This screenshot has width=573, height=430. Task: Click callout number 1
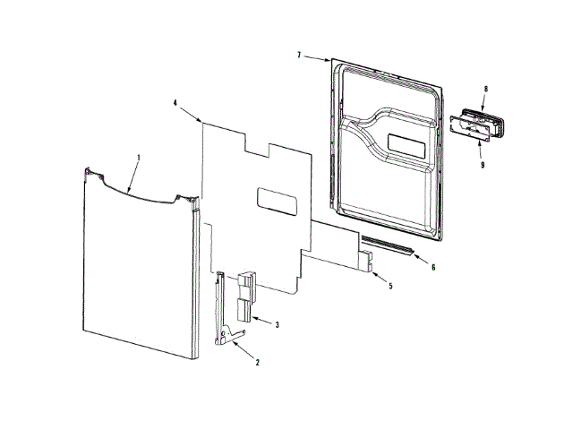(x=139, y=158)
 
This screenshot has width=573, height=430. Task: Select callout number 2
(x=258, y=362)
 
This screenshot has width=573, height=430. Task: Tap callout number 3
(x=278, y=324)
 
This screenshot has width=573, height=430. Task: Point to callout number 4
(x=175, y=103)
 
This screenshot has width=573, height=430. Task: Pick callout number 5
(x=390, y=286)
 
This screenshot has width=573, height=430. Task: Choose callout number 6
(x=433, y=267)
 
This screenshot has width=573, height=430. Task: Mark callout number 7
(x=300, y=56)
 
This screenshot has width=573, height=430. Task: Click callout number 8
(x=485, y=89)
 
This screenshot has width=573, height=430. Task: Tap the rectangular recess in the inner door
(x=408, y=142)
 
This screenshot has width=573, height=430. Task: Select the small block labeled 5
(x=368, y=262)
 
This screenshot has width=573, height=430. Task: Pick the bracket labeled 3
(x=244, y=296)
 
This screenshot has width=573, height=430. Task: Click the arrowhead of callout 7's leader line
(x=332, y=62)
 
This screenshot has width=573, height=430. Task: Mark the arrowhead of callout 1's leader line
(x=128, y=193)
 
